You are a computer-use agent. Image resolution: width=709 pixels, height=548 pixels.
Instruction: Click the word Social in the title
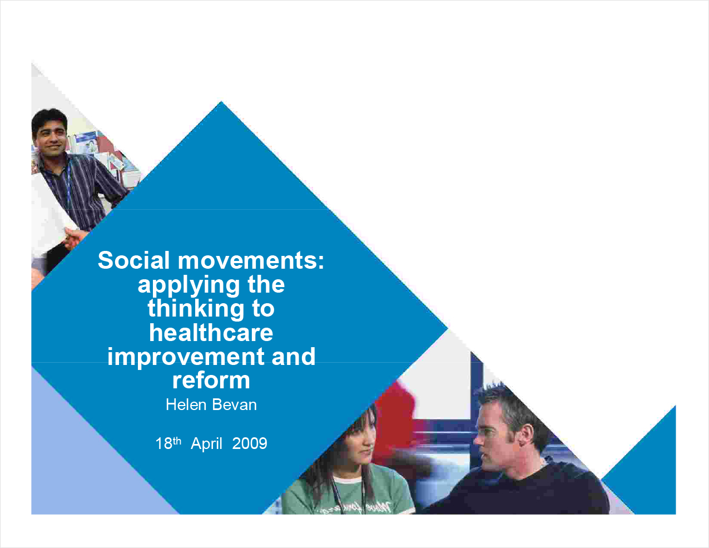tap(134, 260)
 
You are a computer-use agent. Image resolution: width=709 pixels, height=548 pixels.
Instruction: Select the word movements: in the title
tap(251, 261)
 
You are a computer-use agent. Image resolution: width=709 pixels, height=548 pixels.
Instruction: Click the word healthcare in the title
tap(211, 333)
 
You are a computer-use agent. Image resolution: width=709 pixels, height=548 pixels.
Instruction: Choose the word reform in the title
tap(211, 380)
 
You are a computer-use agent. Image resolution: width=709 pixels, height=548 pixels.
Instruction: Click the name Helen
tap(186, 404)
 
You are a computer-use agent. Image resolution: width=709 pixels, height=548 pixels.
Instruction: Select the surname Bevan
tap(234, 404)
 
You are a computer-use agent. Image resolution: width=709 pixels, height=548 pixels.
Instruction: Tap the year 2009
tap(250, 443)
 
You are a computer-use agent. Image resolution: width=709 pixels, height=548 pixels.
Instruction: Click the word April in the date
tap(206, 444)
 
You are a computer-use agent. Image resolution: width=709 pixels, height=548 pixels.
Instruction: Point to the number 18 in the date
tap(163, 443)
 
